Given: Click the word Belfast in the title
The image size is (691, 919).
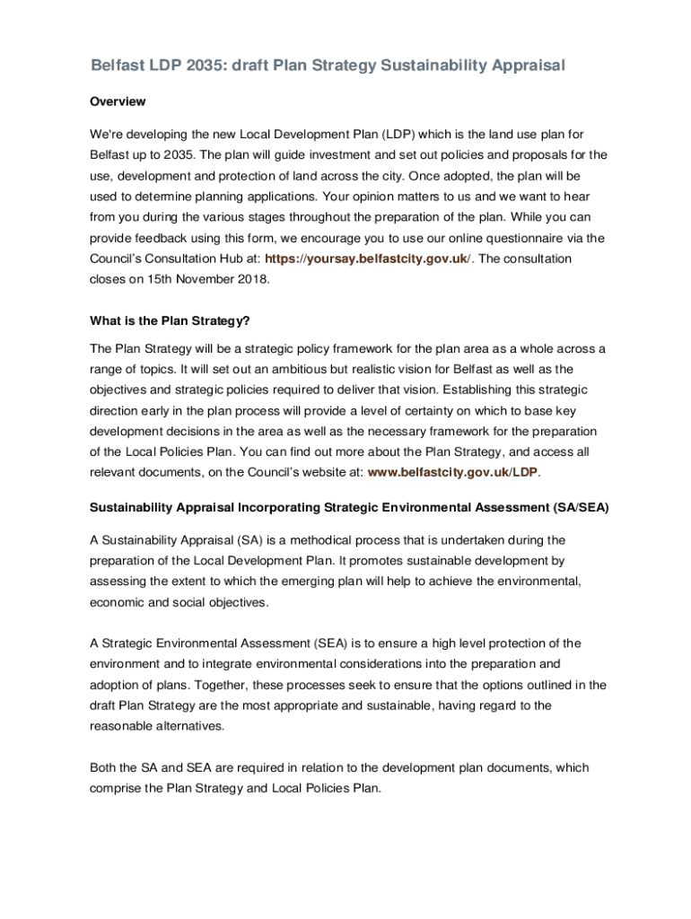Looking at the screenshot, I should pos(118,66).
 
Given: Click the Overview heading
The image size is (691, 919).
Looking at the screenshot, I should pos(118,101).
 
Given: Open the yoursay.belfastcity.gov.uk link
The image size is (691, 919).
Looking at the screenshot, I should pos(366,258).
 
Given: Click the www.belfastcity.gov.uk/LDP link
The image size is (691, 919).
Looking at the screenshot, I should pos(453,472).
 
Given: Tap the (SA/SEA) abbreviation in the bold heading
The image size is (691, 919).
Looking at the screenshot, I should pos(575,507).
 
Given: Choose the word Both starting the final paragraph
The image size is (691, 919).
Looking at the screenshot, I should pos(105,767).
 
